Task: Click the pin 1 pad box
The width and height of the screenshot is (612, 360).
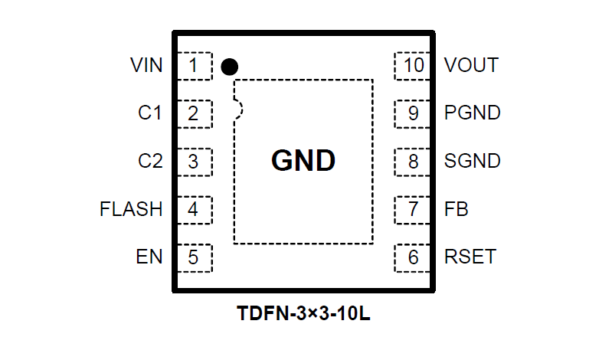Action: tap(195, 66)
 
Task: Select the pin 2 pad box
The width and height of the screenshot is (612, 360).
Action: tap(195, 114)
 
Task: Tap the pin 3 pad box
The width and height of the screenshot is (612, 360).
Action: tap(195, 162)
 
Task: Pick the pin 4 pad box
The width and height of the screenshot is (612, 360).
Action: tap(195, 209)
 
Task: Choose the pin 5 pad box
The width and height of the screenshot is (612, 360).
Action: tap(195, 257)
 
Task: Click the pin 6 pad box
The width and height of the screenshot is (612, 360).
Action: tap(413, 257)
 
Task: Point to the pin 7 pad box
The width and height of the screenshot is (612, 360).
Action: tap(413, 209)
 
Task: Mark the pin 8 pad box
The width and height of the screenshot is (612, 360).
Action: tap(413, 162)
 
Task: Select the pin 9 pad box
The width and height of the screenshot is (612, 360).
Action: tap(413, 114)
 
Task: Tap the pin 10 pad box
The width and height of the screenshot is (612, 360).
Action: tap(413, 66)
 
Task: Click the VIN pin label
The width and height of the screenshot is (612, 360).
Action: tap(146, 66)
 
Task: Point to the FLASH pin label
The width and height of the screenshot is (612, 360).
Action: tap(131, 209)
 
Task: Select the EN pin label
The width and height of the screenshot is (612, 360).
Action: tap(150, 257)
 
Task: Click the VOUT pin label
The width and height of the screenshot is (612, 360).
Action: tap(471, 66)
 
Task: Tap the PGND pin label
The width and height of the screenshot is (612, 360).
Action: tap(473, 113)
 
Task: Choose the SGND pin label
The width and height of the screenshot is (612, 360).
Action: tap(473, 162)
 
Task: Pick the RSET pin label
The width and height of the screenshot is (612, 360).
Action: tap(470, 257)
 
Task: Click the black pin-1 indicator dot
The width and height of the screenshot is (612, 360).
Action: tap(229, 67)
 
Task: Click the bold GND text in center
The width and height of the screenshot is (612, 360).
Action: tap(303, 161)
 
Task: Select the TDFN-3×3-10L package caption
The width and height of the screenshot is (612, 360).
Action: tap(304, 314)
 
